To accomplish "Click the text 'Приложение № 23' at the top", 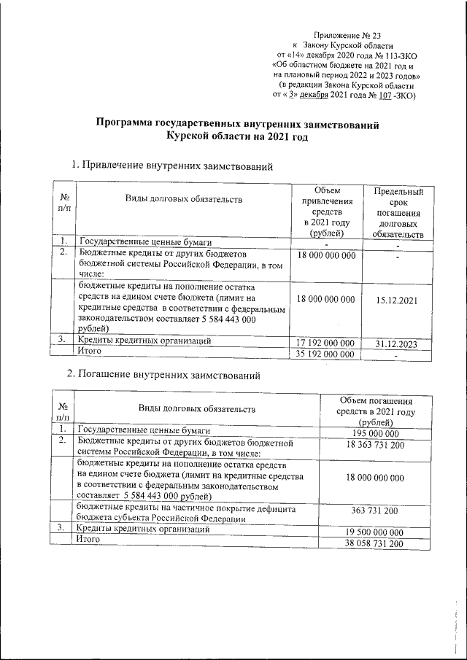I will pyautogui.click(x=347, y=35).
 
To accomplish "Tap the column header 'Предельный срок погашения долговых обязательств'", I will pyautogui.click(x=398, y=212).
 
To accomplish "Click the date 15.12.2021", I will pyautogui.click(x=398, y=300).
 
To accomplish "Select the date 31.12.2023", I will pyautogui.click(x=398, y=342).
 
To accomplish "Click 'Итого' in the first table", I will pyautogui.click(x=90, y=352).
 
